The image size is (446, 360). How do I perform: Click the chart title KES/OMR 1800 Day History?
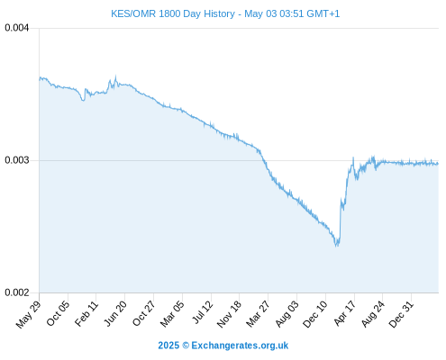[x=173, y=13]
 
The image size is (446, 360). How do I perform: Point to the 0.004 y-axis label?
[x=17, y=28]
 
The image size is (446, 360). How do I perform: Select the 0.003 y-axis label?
[x=17, y=160]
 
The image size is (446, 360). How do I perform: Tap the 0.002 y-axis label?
[x=17, y=292]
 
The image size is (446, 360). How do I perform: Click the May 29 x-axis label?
[x=28, y=314]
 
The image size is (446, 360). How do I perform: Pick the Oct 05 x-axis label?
[x=58, y=313]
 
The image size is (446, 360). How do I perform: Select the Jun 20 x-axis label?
[x=115, y=313]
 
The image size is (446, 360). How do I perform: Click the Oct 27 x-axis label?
[x=144, y=313]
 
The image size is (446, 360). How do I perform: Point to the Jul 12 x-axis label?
[x=203, y=312]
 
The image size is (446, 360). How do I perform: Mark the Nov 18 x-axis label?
[x=229, y=314]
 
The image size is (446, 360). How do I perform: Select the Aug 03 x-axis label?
[x=287, y=314]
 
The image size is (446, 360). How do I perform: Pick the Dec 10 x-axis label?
[x=314, y=314]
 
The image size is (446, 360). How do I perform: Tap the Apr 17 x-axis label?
[x=345, y=313]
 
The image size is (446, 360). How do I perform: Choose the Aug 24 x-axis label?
[x=373, y=314]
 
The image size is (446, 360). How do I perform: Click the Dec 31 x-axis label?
[x=401, y=314]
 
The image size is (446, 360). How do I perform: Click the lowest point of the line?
[x=336, y=247]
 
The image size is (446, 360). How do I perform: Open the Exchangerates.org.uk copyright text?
[x=223, y=346]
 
